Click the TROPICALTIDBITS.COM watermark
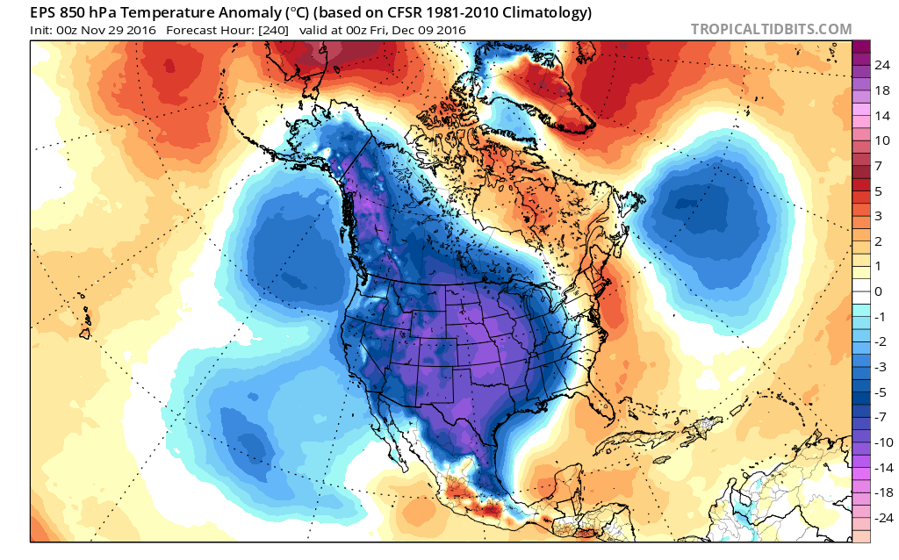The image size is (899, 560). click(772, 29)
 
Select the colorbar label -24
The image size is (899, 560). click(881, 517)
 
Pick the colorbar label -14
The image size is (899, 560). click(881, 467)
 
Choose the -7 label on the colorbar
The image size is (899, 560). click(881, 416)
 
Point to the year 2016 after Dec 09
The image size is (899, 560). click(449, 31)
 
